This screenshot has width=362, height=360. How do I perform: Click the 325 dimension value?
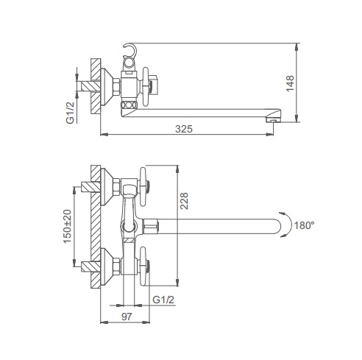click(184, 129)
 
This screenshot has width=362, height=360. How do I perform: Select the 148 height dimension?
click(290, 83)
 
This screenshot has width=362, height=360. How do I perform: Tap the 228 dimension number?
click(184, 201)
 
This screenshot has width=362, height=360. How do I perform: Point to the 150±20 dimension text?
click(68, 226)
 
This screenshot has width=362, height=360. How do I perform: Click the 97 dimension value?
click(127, 317)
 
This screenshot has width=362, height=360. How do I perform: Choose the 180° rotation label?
click(304, 225)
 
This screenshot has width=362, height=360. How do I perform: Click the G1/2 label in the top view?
click(70, 113)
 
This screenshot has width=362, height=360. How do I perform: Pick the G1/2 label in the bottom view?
click(163, 300)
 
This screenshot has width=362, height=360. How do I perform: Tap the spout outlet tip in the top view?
click(274, 120)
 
